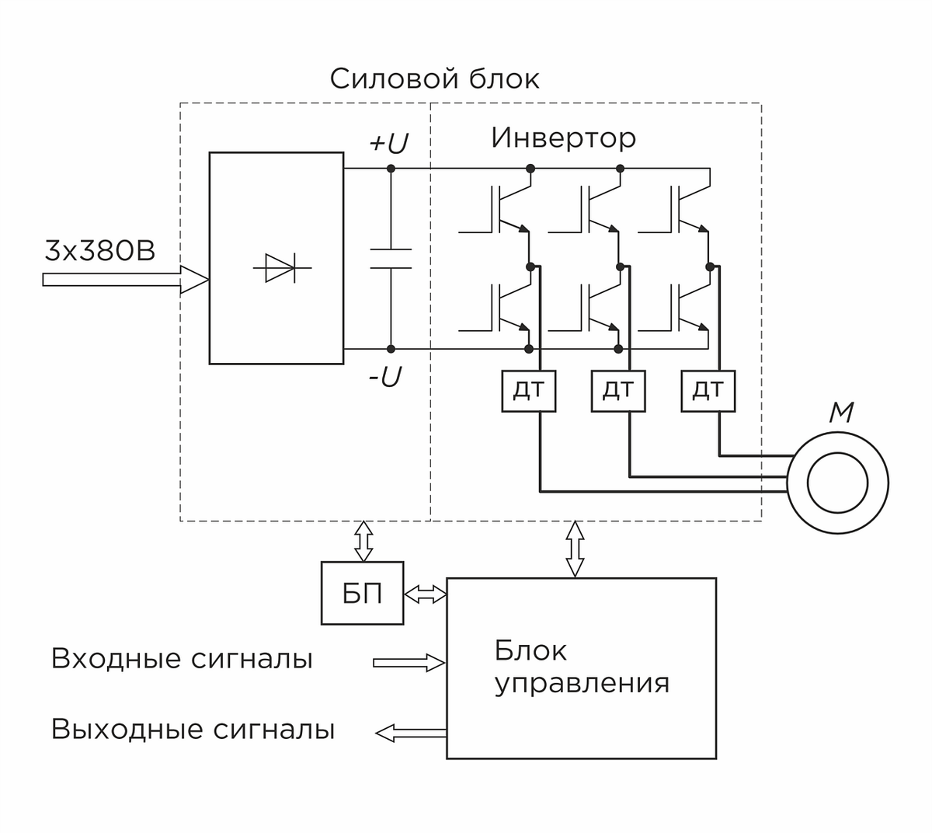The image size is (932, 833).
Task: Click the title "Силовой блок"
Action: point(434,79)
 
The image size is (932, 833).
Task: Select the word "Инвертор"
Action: point(563,138)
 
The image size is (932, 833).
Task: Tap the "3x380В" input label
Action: point(100,251)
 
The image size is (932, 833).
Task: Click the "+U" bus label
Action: point(388,145)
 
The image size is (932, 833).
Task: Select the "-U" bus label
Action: point(384,378)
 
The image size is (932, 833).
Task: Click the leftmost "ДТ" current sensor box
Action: point(529,390)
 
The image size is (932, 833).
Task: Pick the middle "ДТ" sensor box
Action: point(618,390)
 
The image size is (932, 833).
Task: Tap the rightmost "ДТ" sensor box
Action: point(708,390)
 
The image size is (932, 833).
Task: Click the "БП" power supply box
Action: point(363,594)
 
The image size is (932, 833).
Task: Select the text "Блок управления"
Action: point(581,667)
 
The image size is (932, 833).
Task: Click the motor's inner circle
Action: point(837,483)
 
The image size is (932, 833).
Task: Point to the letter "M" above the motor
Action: point(841,413)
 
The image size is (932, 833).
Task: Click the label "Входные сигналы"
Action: point(182,659)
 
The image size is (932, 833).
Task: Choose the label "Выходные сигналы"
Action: point(193,730)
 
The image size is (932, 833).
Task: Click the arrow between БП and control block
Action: point(425,594)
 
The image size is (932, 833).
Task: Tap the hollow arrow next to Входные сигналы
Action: point(409,663)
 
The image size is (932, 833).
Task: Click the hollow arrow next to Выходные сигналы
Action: point(411,732)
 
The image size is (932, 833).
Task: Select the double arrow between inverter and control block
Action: point(574,549)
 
